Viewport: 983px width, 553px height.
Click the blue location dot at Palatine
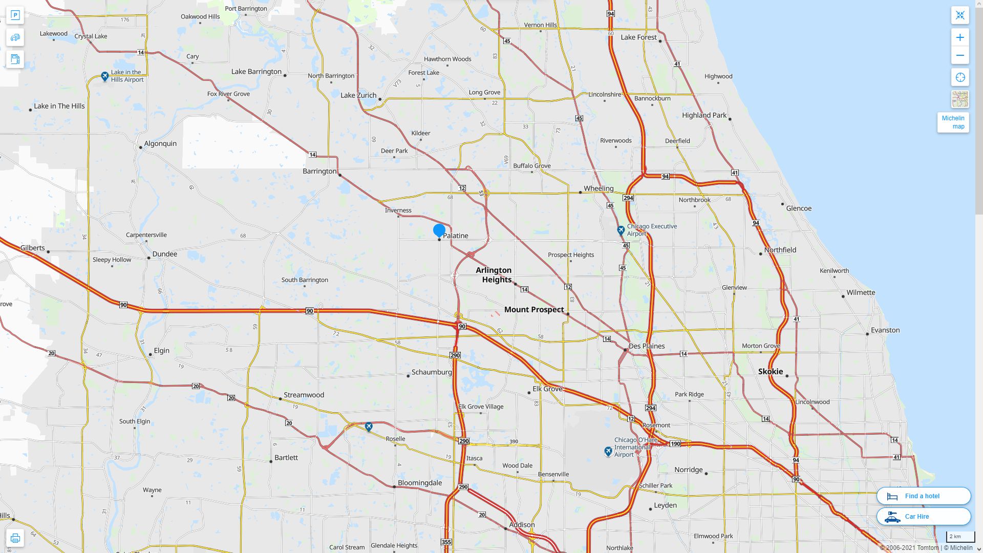(439, 230)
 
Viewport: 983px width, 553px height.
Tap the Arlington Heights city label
(494, 275)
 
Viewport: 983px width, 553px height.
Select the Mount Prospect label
(534, 310)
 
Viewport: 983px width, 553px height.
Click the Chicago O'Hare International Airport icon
(608, 451)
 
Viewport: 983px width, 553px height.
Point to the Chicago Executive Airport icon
(621, 230)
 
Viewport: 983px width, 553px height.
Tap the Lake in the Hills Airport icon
(104, 76)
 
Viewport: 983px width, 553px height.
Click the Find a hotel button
(924, 496)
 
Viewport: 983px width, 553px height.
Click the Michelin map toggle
(953, 122)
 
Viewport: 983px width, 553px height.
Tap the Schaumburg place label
(432, 372)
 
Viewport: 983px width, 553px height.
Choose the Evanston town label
(885, 330)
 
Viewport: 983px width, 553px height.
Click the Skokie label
(771, 372)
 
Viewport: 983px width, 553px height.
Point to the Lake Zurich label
(358, 95)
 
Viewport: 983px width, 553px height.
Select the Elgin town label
(162, 351)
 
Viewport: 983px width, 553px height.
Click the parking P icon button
(15, 15)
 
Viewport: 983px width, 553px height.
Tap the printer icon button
(15, 538)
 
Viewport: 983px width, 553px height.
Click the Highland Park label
(704, 115)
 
